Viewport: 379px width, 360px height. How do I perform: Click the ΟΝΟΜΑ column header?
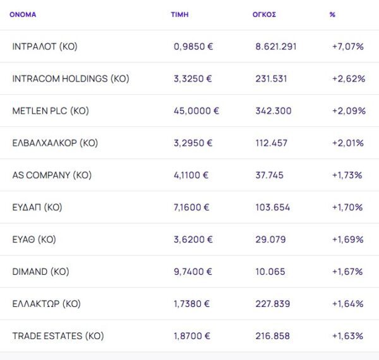[x=23, y=14]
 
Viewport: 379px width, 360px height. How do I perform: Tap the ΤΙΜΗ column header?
[x=179, y=14]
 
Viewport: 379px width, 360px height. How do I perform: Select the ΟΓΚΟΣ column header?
[x=263, y=14]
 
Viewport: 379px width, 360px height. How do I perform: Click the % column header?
[x=332, y=14]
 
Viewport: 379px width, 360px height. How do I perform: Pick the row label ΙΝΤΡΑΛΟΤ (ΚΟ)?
[x=45, y=47]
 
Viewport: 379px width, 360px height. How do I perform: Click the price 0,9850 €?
[x=193, y=47]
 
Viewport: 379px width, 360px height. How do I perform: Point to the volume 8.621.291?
[x=276, y=47]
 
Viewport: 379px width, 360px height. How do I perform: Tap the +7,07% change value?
[x=347, y=47]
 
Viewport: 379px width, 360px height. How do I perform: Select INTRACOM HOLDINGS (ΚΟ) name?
[x=71, y=79]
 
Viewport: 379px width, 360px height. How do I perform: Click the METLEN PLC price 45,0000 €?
[x=196, y=111]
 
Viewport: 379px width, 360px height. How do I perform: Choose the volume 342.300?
[x=274, y=111]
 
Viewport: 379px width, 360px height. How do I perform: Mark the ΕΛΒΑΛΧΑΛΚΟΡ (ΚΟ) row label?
[x=55, y=143]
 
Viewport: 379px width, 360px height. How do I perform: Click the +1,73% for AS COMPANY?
[x=347, y=176]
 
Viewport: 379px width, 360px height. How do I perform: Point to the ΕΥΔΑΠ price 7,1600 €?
[x=193, y=208]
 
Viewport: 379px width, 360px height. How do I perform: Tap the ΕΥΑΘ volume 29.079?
[x=271, y=240]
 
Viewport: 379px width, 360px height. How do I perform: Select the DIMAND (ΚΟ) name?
[x=40, y=272]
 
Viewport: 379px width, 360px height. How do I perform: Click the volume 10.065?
[x=271, y=272]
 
